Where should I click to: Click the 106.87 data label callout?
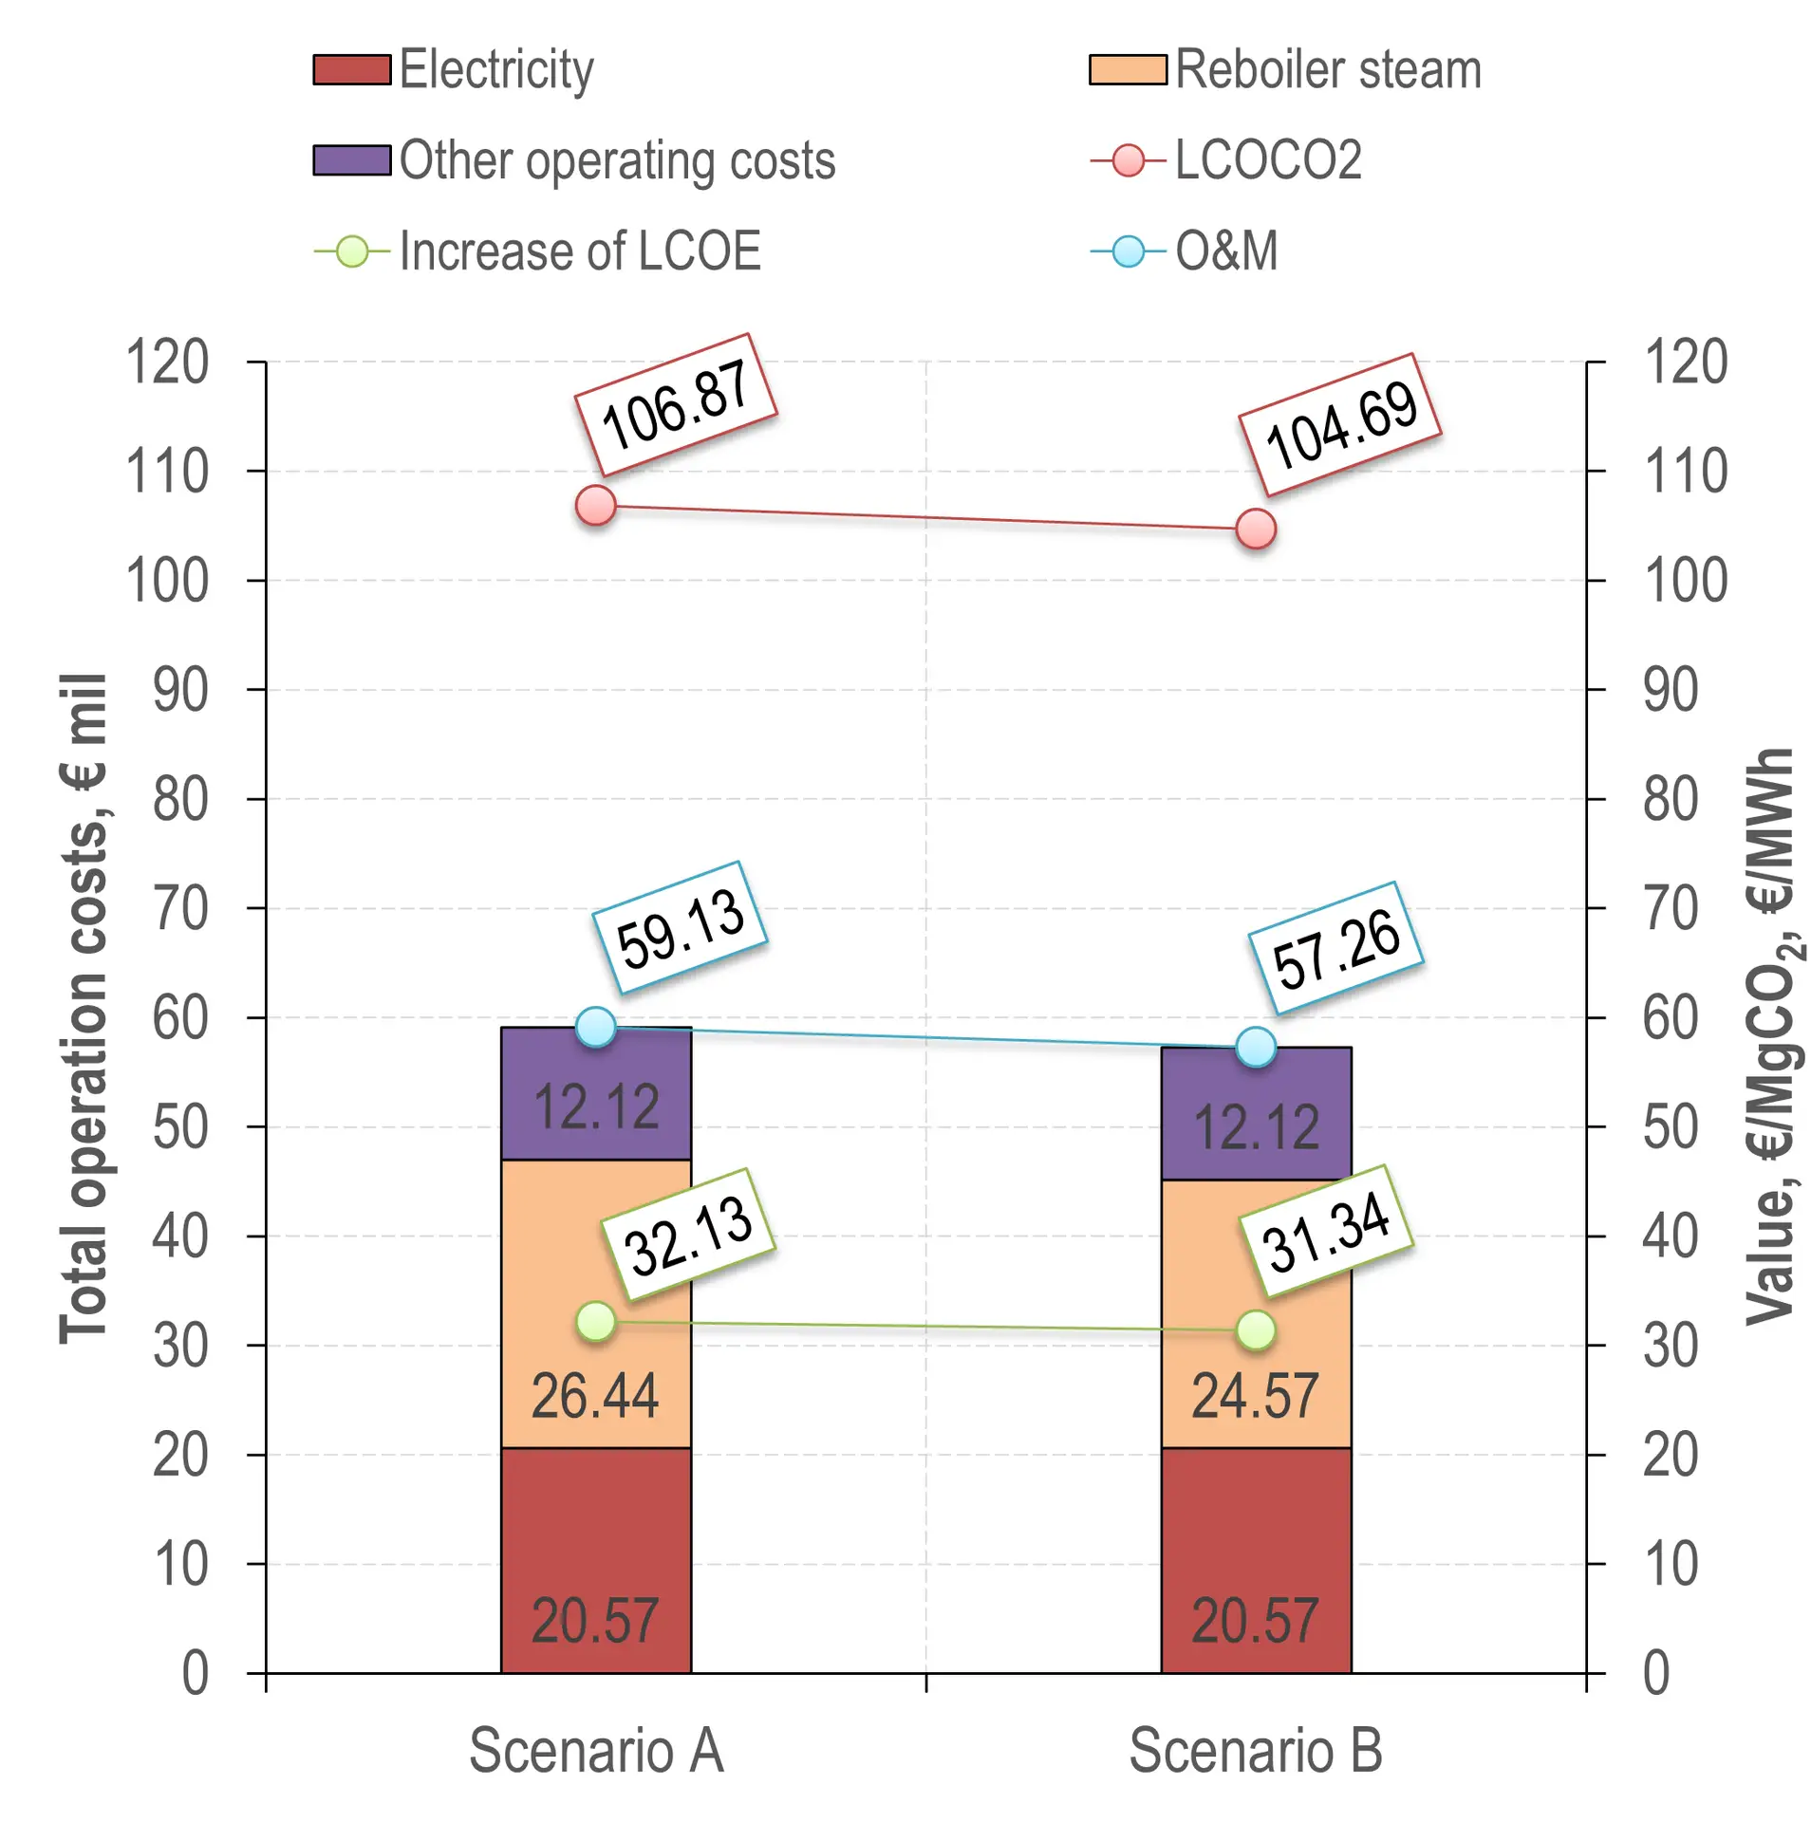pyautogui.click(x=675, y=405)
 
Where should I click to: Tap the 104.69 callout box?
pyautogui.click(x=1339, y=425)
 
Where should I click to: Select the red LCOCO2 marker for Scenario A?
pyautogui.click(x=595, y=506)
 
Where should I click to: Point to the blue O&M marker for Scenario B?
pyautogui.click(x=1255, y=1048)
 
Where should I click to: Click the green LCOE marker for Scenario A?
pyautogui.click(x=595, y=1322)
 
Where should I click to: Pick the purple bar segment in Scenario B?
pyautogui.click(x=1255, y=1114)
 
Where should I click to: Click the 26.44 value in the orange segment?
pyautogui.click(x=594, y=1397)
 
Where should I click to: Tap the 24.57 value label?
pyautogui.click(x=1254, y=1397)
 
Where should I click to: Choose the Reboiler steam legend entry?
pyautogui.click(x=1327, y=70)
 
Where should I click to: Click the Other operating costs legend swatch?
pyautogui.click(x=351, y=160)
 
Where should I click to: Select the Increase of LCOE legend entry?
pyautogui.click(x=579, y=251)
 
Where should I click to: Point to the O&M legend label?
pyautogui.click(x=1225, y=251)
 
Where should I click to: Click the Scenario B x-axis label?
pyautogui.click(x=1255, y=1751)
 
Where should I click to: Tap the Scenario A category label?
pyautogui.click(x=596, y=1751)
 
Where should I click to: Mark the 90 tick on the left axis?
pyautogui.click(x=180, y=691)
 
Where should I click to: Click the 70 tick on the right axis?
pyautogui.click(x=1670, y=909)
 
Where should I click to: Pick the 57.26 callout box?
pyautogui.click(x=1335, y=948)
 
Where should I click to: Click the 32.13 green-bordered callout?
pyautogui.click(x=689, y=1235)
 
